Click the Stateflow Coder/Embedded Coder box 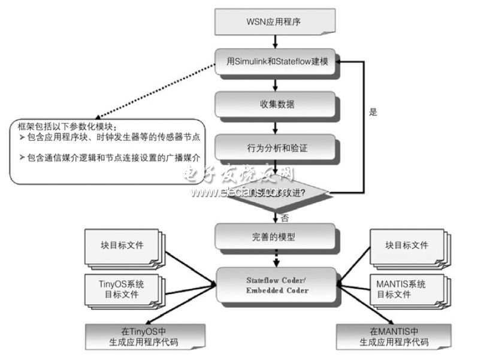[x=275, y=285]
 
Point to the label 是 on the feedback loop [x=373, y=112]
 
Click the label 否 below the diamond [x=285, y=219]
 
